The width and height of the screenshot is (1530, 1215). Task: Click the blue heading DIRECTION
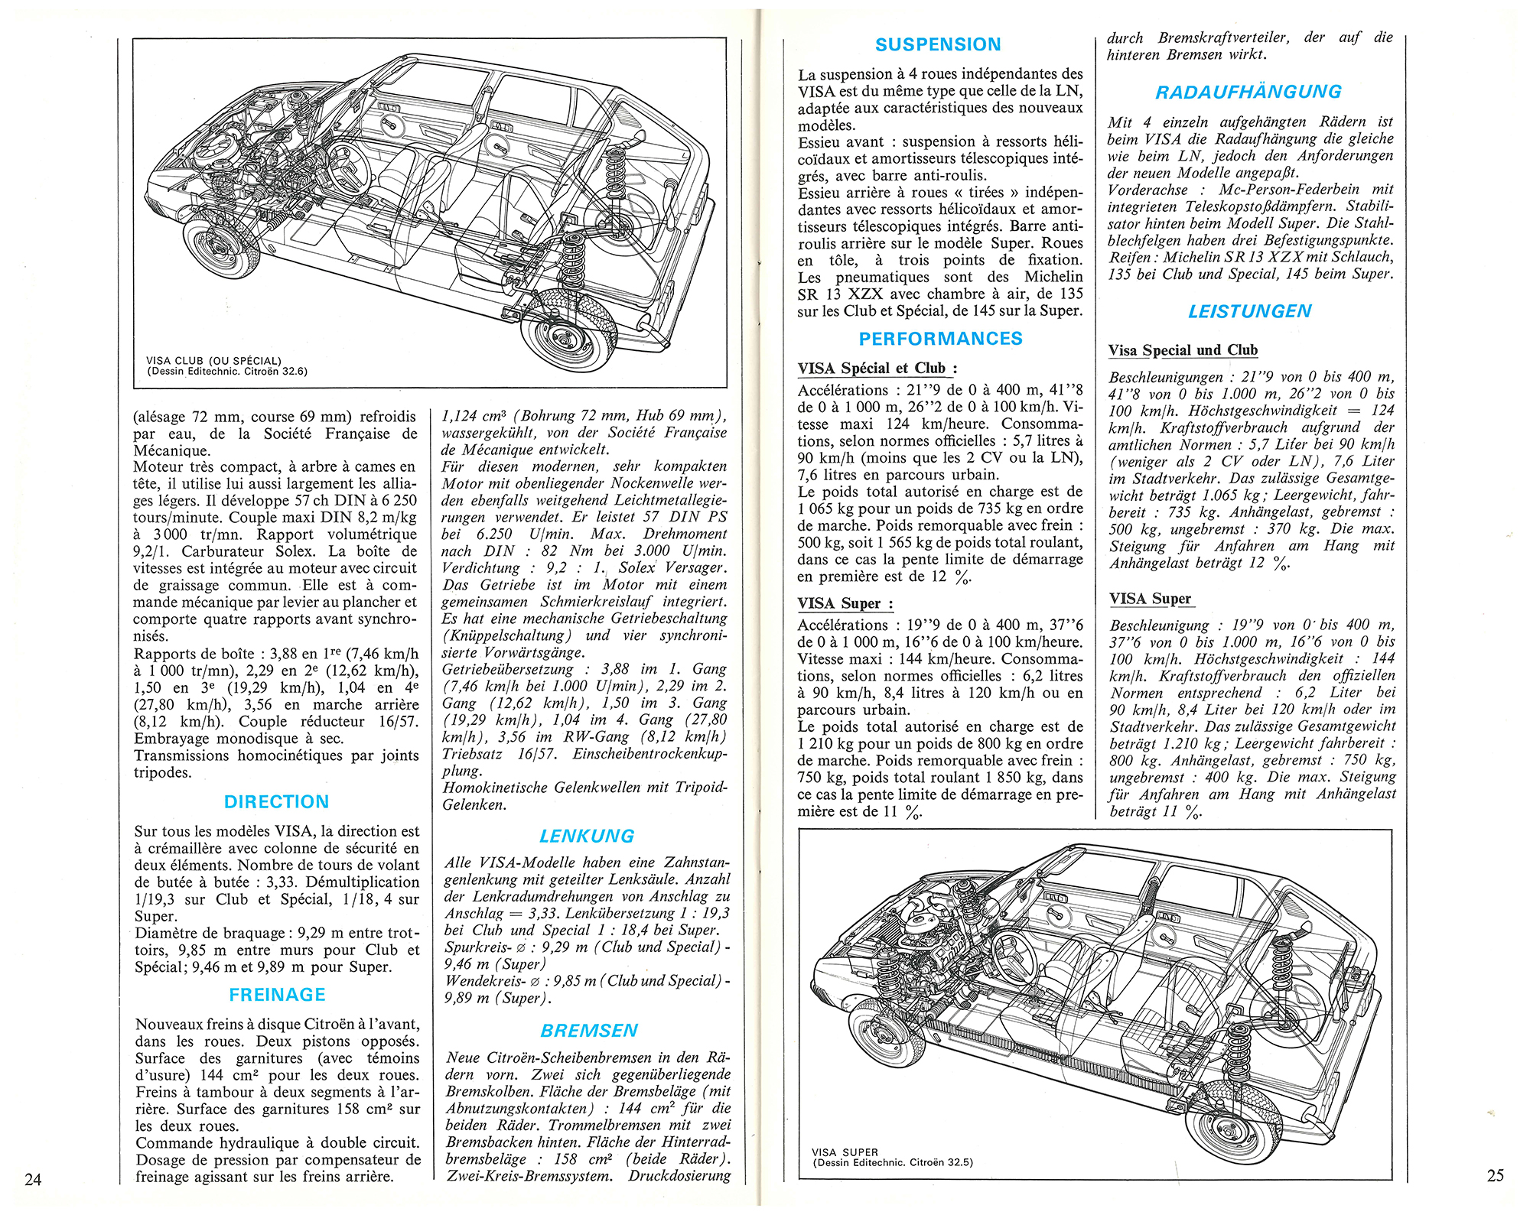pyautogui.click(x=276, y=801)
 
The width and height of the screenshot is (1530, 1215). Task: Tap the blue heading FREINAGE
pyautogui.click(x=277, y=995)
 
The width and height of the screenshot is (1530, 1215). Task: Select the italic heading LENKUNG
pyautogui.click(x=587, y=836)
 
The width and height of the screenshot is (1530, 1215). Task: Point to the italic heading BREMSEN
pyautogui.click(x=589, y=1031)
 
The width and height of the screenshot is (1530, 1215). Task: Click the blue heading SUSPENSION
pyautogui.click(x=938, y=44)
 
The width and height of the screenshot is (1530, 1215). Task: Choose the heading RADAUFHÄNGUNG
pyautogui.click(x=1248, y=92)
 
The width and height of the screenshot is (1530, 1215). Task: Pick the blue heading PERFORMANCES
pyautogui.click(x=940, y=339)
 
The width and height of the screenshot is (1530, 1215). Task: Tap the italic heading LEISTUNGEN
pyautogui.click(x=1249, y=311)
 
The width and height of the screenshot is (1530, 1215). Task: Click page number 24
pyautogui.click(x=33, y=1179)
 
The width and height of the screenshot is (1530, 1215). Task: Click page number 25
pyautogui.click(x=1496, y=1175)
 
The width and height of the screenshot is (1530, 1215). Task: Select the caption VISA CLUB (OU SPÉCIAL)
pyautogui.click(x=213, y=361)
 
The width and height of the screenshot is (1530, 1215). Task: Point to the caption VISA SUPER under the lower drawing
pyautogui.click(x=845, y=1152)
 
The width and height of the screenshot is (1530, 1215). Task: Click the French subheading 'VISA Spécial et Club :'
pyautogui.click(x=877, y=368)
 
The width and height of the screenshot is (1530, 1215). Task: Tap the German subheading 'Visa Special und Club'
pyautogui.click(x=1183, y=350)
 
